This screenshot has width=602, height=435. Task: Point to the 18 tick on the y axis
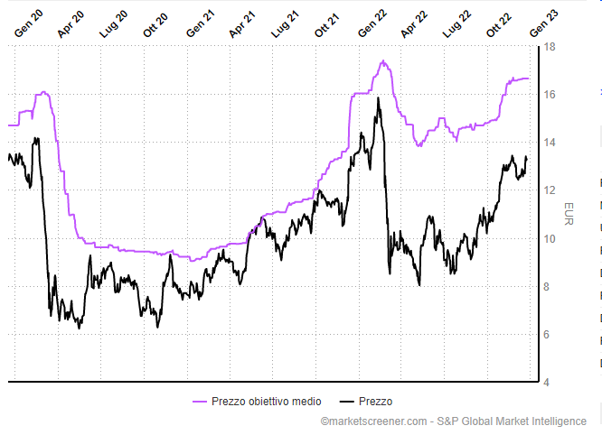click(x=548, y=47)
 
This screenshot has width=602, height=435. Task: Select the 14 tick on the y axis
click(x=548, y=143)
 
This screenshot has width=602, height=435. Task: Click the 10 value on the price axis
click(x=548, y=239)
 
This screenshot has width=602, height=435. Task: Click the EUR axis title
click(x=568, y=214)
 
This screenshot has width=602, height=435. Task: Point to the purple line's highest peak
click(x=383, y=61)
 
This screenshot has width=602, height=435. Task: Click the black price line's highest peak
click(x=378, y=98)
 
